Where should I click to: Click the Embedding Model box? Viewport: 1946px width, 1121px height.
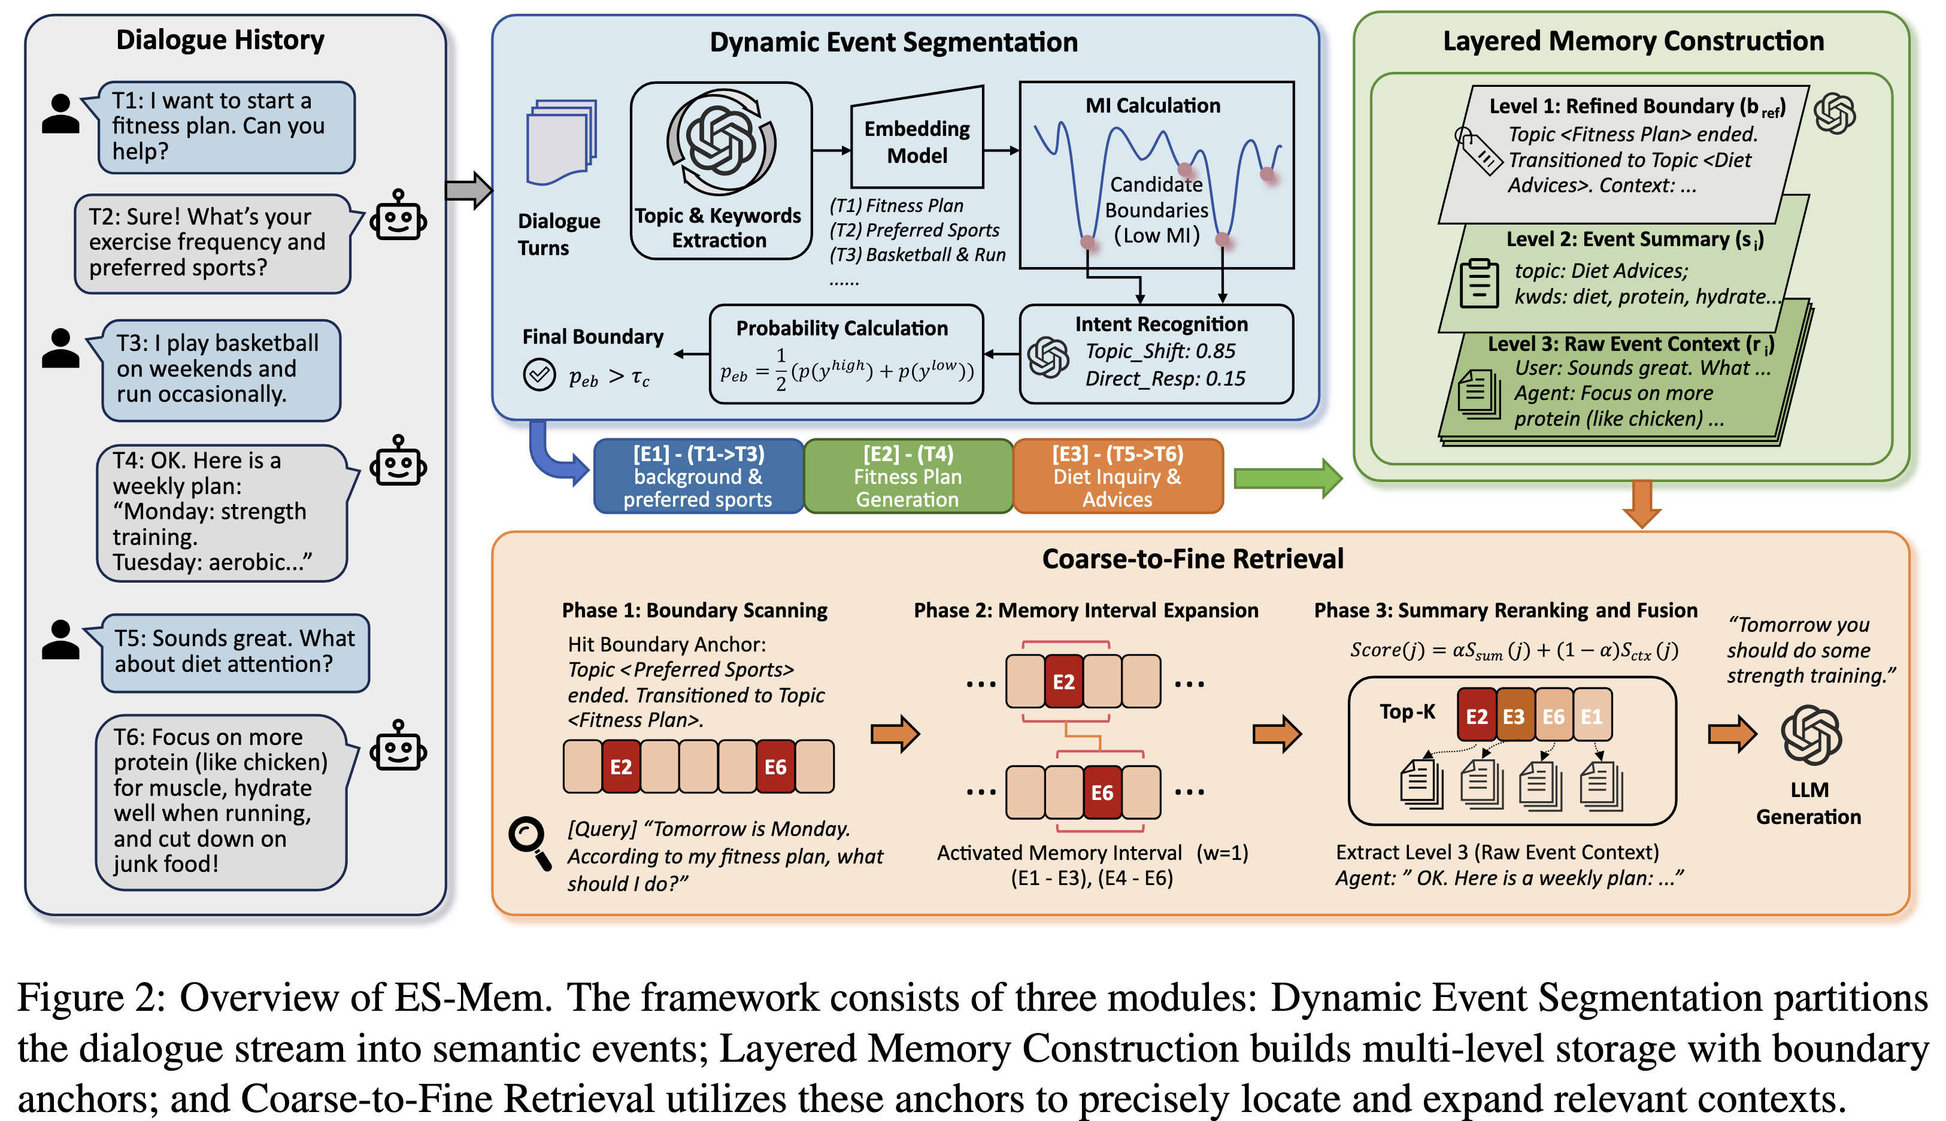click(x=917, y=138)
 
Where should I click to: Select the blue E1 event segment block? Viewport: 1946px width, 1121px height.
click(x=698, y=476)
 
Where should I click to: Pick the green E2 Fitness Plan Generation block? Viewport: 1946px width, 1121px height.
click(x=908, y=476)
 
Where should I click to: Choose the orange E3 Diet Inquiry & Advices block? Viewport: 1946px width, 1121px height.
click(x=1118, y=476)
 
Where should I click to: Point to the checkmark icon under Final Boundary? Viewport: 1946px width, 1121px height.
click(x=539, y=375)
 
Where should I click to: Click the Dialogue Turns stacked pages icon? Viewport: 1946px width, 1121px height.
click(x=561, y=142)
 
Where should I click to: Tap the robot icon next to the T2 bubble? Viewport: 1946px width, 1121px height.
click(x=398, y=216)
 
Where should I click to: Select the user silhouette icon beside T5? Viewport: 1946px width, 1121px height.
click(x=61, y=640)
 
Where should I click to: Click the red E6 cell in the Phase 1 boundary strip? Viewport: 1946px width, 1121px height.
click(x=775, y=767)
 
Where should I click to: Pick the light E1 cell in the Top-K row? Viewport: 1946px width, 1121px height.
click(x=1592, y=716)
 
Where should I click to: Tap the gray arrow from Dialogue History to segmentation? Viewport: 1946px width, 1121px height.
click(x=468, y=190)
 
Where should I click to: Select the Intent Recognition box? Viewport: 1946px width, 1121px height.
click(x=1156, y=354)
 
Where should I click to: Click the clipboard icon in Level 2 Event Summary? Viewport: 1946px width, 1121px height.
click(x=1479, y=284)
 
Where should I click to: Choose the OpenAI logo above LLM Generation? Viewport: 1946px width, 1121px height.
click(x=1811, y=735)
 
